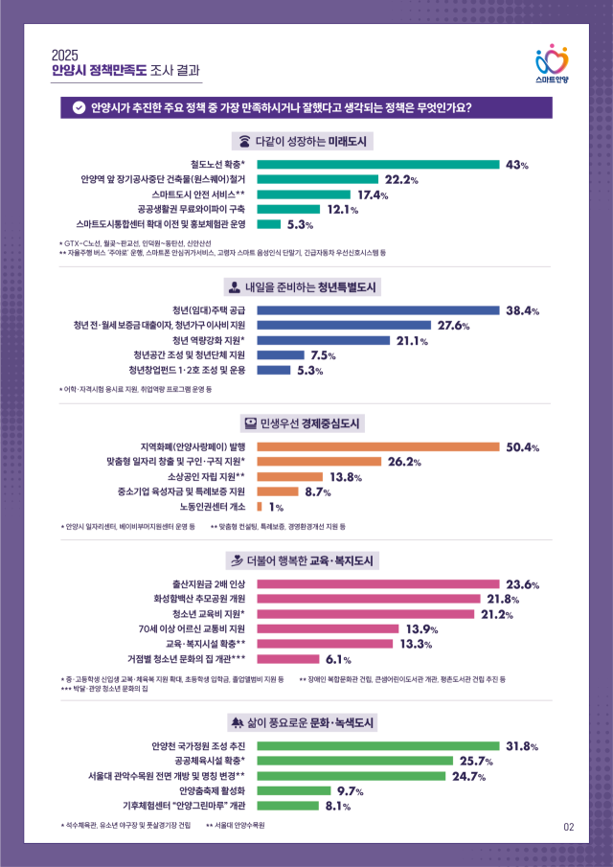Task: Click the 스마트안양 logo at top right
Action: [551, 64]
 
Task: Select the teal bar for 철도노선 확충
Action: [378, 165]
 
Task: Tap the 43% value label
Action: [517, 165]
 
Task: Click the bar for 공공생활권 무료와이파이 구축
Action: [288, 209]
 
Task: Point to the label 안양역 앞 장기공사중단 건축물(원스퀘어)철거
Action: [164, 179]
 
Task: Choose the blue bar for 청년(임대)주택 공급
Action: [378, 310]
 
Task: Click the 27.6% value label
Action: [453, 326]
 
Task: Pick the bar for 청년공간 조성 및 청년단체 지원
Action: [281, 355]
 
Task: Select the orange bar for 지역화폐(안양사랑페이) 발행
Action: [378, 446]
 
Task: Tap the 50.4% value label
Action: [523, 447]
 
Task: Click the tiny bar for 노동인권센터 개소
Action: [260, 507]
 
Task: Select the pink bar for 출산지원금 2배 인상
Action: [378, 584]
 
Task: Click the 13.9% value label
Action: [421, 629]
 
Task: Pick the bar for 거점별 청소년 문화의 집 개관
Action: [288, 659]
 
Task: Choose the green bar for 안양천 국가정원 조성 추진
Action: [378, 746]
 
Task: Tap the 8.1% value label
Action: [338, 806]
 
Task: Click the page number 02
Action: [568, 826]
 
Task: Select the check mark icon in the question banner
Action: [79, 107]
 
